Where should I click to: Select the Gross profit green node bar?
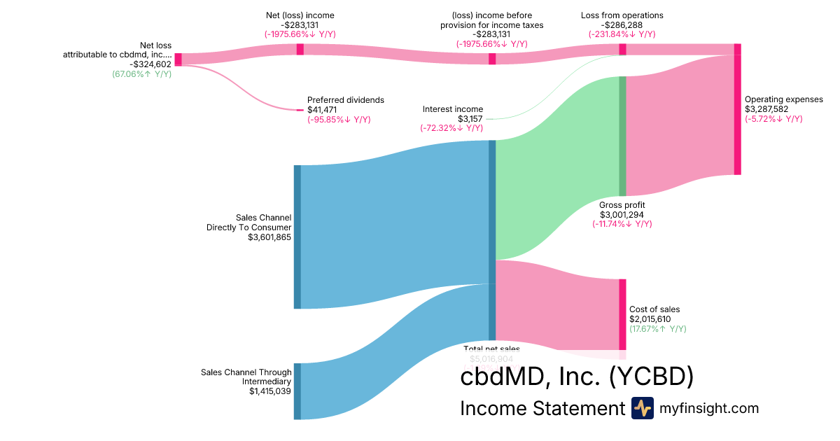point(622,136)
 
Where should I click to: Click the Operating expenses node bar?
point(737,109)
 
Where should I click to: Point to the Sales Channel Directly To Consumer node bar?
point(297,237)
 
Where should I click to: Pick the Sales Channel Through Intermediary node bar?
point(297,391)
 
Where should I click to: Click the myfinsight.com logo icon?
point(642,408)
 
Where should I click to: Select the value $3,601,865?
point(269,237)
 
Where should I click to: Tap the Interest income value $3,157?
point(470,119)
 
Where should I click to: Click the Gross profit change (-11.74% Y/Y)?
point(622,224)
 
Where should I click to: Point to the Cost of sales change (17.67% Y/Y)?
point(657,329)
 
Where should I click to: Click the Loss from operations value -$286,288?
point(622,24)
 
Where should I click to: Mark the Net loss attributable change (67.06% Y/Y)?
point(141,73)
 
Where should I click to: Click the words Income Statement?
point(542,408)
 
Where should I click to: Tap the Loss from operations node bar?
point(622,49)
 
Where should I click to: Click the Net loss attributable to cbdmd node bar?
point(178,59)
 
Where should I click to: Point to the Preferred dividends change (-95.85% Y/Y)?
point(339,120)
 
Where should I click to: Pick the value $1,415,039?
point(270,391)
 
